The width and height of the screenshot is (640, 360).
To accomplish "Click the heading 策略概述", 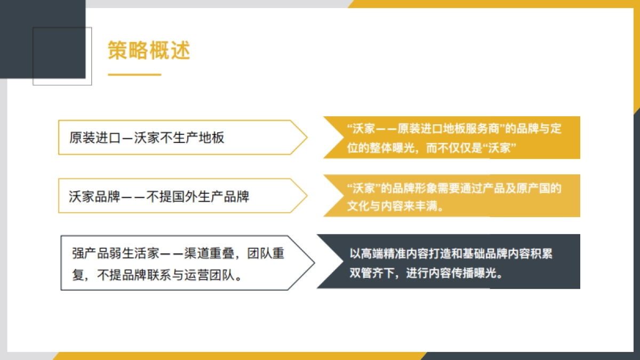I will click(x=149, y=51).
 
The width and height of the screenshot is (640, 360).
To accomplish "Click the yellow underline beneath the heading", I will click(x=134, y=75).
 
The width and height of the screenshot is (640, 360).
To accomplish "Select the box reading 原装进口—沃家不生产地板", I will click(x=176, y=138).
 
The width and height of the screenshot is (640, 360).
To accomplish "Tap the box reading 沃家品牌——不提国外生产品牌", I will click(x=176, y=196).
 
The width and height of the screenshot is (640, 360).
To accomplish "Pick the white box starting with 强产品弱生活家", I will click(x=181, y=263).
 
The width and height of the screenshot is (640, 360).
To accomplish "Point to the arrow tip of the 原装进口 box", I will click(x=306, y=138).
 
